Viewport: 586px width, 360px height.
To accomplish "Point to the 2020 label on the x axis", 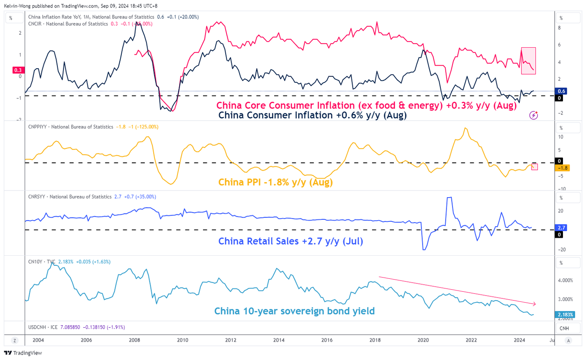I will tap(424, 341).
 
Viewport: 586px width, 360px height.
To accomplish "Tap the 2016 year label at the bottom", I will tap(327, 341).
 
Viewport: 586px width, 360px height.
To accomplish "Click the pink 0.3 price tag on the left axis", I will tap(18, 70).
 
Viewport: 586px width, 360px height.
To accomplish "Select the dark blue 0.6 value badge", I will tap(562, 91).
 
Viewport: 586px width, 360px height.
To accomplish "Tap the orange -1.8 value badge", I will tap(562, 168).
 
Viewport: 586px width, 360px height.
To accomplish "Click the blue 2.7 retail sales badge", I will tap(562, 228).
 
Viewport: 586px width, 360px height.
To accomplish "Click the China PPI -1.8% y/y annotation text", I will tap(275, 183).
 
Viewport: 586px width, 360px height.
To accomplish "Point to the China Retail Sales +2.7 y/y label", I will tap(289, 242).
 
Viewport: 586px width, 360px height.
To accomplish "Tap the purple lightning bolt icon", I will tap(533, 115).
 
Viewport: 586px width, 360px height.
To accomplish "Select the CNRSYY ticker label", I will tap(37, 196).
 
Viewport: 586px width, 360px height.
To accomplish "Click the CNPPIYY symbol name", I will tap(39, 126).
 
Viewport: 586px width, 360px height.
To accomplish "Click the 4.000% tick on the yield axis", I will tap(565, 280).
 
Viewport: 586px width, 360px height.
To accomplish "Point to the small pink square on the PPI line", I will tap(535, 167).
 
